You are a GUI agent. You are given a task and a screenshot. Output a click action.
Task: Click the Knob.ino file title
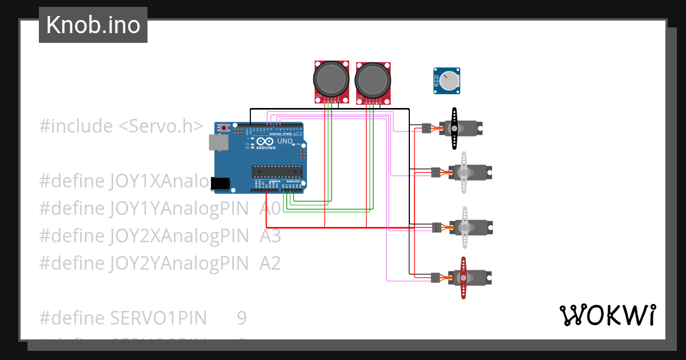coord(93,25)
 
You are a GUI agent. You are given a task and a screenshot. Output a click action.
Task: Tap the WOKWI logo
coord(607,315)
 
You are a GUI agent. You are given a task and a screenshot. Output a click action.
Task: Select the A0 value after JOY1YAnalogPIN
coord(270,209)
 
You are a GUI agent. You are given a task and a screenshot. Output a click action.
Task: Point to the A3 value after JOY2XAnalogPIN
coord(270,235)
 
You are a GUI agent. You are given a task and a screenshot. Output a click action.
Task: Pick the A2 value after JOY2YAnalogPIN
coord(270,263)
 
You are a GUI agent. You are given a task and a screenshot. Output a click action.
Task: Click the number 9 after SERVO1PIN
coord(242,318)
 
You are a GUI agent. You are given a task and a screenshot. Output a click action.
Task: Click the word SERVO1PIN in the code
coord(158,318)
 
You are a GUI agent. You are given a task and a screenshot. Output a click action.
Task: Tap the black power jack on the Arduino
coord(220,183)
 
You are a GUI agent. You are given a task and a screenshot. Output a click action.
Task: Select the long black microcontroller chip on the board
coord(277,170)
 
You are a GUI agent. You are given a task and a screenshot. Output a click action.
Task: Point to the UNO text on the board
coord(285,141)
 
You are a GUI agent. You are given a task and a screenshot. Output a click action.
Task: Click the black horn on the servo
coord(454,129)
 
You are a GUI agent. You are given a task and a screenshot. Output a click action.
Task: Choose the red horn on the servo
coord(464,278)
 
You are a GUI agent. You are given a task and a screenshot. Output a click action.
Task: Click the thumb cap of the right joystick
coord(373,80)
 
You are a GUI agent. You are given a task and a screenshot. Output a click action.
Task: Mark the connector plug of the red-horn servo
coord(435,278)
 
